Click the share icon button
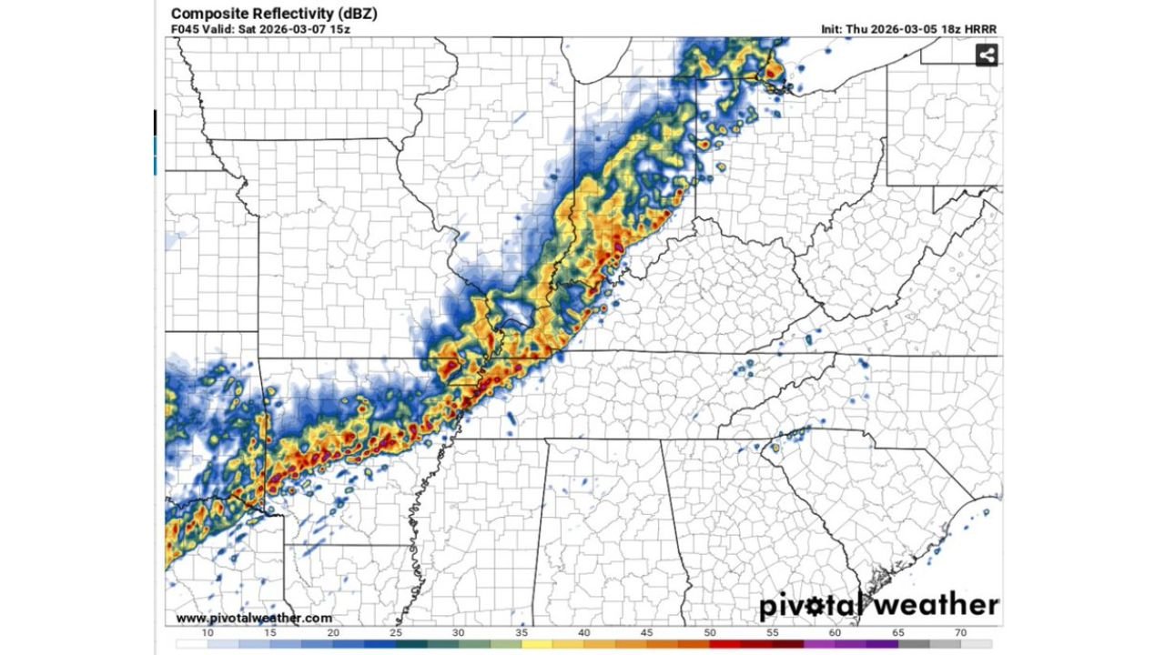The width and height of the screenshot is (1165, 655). pos(986,55)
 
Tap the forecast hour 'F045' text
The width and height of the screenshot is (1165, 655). pos(185,29)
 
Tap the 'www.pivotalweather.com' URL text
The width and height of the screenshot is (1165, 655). pos(254,618)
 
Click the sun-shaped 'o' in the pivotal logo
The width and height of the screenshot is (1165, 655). pos(826,606)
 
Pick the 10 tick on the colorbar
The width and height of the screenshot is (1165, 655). pos(208,632)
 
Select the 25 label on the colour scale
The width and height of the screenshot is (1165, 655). pos(395,632)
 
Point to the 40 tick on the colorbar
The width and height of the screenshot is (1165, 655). pos(583,632)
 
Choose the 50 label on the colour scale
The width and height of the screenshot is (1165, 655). pos(709,632)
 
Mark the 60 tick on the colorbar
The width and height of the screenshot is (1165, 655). pos(835,632)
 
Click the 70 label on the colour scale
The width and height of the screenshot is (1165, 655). pos(960,632)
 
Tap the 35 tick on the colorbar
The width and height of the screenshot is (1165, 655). pos(521,632)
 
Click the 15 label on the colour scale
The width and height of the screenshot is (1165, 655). pos(270,632)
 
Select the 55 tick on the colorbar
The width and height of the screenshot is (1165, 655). pos(772,632)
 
